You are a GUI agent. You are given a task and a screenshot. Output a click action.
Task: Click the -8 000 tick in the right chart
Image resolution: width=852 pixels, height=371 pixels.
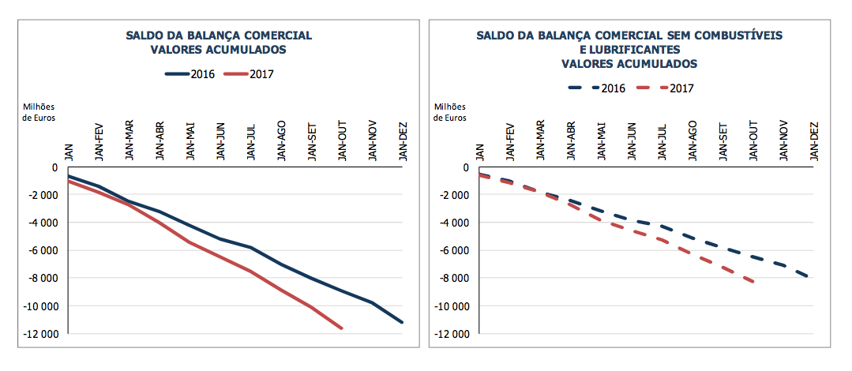(x=452, y=278)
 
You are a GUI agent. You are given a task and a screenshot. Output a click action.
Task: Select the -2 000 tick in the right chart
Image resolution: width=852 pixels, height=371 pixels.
(x=452, y=195)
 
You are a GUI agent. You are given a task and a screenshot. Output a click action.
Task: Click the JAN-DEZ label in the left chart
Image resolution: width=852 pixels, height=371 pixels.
(x=403, y=141)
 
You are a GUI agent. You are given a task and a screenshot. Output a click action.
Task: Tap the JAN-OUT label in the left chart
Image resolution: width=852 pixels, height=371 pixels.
(x=342, y=141)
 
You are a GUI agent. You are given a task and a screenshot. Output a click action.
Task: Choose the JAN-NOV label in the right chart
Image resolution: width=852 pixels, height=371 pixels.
(x=785, y=141)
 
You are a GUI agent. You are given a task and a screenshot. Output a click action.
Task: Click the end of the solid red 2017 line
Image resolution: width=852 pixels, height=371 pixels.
(x=342, y=328)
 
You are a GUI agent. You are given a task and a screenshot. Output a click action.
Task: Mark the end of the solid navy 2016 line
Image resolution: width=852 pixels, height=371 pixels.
(x=403, y=322)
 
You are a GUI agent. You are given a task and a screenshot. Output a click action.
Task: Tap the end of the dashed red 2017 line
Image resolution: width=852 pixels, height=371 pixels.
(x=754, y=282)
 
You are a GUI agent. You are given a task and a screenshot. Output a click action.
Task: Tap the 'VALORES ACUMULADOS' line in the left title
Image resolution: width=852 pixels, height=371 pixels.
(x=219, y=49)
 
